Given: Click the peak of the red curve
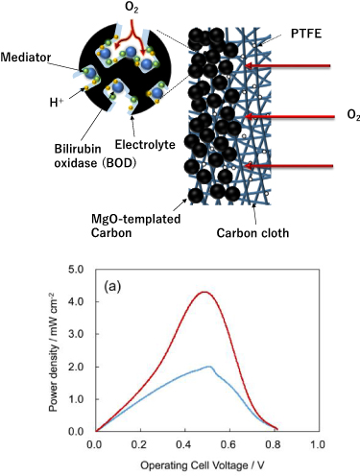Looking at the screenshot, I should click(x=204, y=292).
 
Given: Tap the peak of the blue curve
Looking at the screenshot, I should click(x=209, y=367).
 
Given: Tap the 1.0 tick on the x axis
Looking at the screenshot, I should click(x=319, y=445).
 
